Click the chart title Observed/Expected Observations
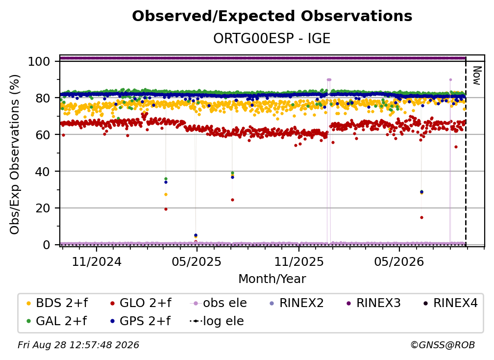[272, 16]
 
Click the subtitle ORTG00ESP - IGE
[272, 38]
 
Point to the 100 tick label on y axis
[39, 61]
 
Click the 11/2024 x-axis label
[97, 261]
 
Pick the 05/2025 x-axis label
[197, 261]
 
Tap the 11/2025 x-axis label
[299, 261]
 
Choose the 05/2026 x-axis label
[399, 261]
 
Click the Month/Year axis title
[272, 279]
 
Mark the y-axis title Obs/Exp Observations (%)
[15, 154]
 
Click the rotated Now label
[477, 76]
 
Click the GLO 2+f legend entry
[141, 303]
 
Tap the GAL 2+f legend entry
[57, 321]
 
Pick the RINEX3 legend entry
[373, 303]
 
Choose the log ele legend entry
[217, 321]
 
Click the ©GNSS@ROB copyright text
[443, 345]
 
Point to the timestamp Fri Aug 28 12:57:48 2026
[78, 345]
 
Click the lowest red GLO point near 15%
[421, 217]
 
